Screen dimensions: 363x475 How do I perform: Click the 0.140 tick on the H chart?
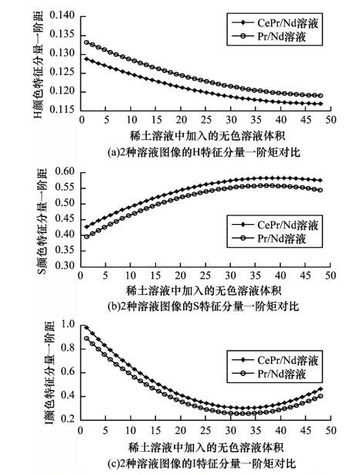[62, 15]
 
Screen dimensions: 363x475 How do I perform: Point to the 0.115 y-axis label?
[62, 109]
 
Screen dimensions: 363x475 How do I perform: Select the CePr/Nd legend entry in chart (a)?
[275, 23]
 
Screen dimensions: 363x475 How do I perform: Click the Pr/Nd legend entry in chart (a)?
[269, 36]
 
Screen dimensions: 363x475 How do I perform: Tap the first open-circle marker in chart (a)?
[87, 42]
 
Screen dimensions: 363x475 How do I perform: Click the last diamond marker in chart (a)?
[321, 104]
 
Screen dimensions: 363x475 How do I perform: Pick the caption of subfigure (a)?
[204, 152]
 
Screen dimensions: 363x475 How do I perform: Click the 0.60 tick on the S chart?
[65, 171]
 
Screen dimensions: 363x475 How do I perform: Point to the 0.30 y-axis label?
[65, 265]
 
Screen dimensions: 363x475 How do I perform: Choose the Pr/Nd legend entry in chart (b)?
[269, 239]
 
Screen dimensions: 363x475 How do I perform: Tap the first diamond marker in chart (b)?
[87, 227]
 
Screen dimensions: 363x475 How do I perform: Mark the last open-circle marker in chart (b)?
[321, 190]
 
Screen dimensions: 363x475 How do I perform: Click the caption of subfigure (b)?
[203, 307]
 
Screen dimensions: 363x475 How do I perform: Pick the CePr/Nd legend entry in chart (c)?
[275, 360]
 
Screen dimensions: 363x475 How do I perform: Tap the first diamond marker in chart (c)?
[87, 327]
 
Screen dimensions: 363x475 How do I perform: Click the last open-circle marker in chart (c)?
[321, 396]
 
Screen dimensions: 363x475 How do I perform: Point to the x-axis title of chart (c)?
[205, 447]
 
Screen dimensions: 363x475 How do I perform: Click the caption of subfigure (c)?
[202, 463]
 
